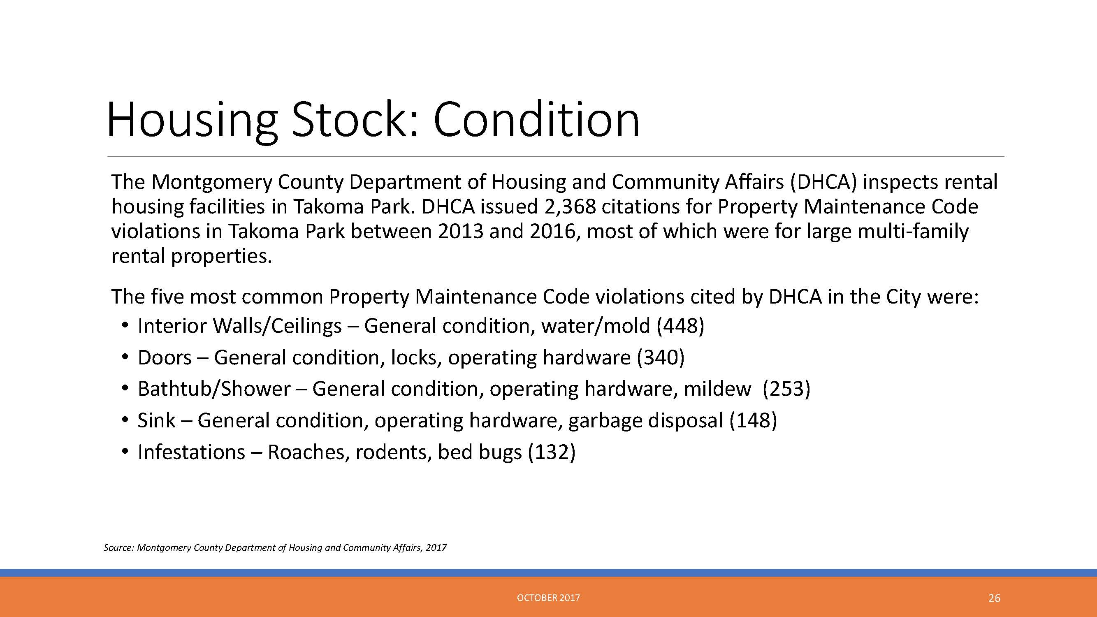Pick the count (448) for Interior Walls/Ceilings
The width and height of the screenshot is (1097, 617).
[680, 326]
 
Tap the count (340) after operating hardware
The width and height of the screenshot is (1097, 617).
[661, 358]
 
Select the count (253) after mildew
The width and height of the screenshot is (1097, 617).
[786, 389]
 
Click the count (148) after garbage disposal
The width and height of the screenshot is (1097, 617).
[753, 421]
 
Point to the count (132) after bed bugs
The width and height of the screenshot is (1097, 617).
[552, 452]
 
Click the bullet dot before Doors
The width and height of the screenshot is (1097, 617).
[124, 357]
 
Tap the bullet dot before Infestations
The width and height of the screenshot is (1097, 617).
[124, 452]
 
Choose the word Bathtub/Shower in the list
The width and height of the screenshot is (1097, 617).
[214, 389]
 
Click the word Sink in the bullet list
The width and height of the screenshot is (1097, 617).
[156, 421]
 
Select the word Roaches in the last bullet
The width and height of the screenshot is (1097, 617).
[306, 452]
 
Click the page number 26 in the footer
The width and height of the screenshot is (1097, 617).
[994, 598]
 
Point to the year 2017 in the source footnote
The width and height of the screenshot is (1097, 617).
[436, 547]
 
